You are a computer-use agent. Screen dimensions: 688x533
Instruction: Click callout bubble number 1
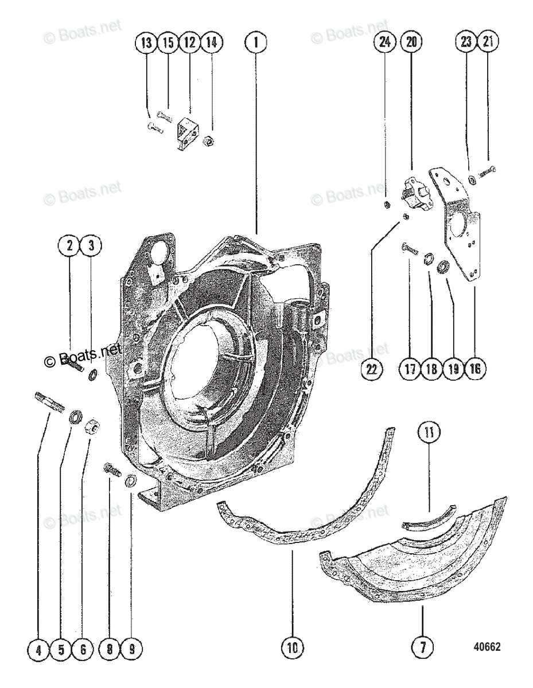[x=256, y=42]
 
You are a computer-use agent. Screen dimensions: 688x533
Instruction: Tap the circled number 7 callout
[x=423, y=650]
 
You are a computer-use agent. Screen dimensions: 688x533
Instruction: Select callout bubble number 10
[x=292, y=650]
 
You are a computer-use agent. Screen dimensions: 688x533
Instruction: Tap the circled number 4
[x=38, y=650]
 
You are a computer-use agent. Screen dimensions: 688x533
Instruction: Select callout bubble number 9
[x=132, y=650]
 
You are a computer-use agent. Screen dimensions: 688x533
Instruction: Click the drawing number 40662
[x=487, y=647]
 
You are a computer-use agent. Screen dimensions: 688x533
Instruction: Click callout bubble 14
[x=211, y=42]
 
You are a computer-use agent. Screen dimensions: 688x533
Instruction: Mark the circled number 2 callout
[x=69, y=247]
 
